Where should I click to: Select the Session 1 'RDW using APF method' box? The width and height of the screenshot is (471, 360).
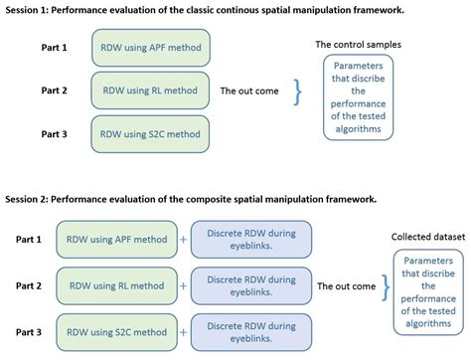pyautogui.click(x=150, y=48)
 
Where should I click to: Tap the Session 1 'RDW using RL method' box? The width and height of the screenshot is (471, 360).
pyautogui.click(x=150, y=90)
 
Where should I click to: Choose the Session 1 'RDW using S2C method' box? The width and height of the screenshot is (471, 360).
pyautogui.click(x=150, y=132)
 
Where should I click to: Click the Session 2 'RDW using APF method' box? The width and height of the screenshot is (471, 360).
pyautogui.click(x=116, y=239)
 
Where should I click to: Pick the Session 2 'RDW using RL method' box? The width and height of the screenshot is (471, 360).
pyautogui.click(x=116, y=285)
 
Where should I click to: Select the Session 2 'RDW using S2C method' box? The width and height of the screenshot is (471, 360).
pyautogui.click(x=116, y=331)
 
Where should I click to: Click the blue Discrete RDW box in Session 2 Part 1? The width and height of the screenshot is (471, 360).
pyautogui.click(x=250, y=239)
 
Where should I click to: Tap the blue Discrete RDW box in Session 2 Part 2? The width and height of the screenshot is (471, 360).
pyautogui.click(x=250, y=285)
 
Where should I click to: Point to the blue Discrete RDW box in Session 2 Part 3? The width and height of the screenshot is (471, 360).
pyautogui.click(x=250, y=331)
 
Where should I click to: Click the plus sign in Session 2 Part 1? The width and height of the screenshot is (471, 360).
pyautogui.click(x=183, y=240)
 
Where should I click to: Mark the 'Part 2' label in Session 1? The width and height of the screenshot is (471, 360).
pyautogui.click(x=54, y=90)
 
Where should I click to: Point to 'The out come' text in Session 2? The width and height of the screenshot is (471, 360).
pyautogui.click(x=346, y=286)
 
